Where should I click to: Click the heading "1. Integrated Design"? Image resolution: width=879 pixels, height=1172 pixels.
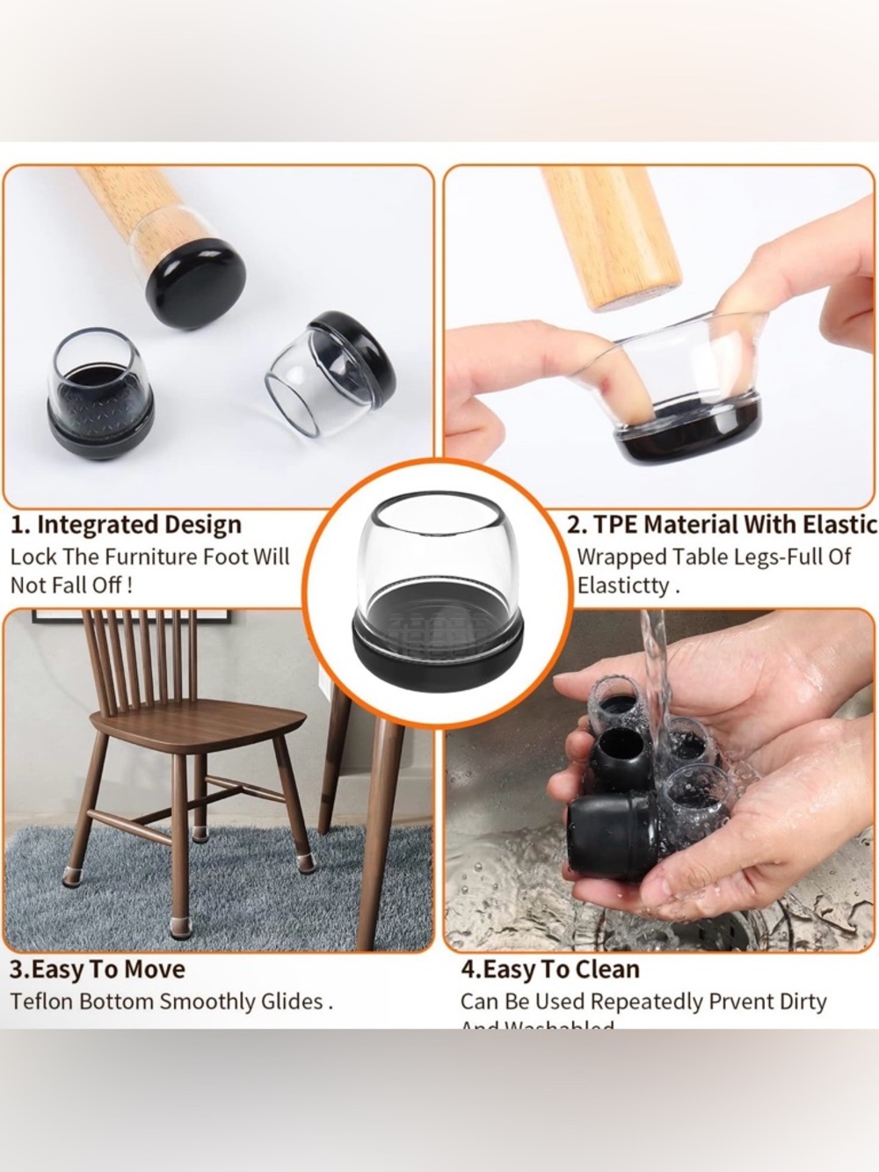tap(126, 525)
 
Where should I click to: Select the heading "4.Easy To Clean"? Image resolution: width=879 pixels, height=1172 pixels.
tap(549, 969)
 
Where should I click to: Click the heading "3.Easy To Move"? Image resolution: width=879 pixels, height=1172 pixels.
tap(98, 969)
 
